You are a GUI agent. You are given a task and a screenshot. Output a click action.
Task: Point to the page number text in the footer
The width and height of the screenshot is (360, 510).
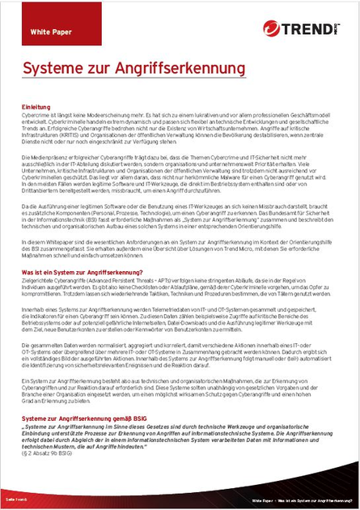15,501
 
